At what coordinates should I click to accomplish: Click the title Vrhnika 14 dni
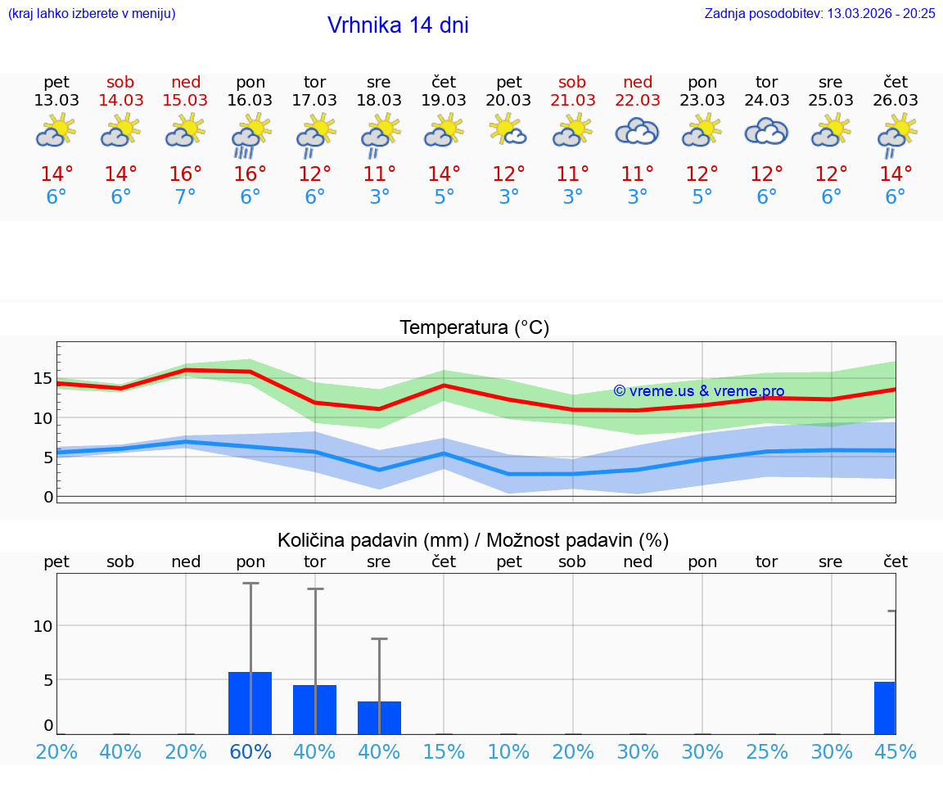coord(398,25)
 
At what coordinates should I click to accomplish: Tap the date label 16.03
coord(250,100)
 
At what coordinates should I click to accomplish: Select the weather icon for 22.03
coord(637,131)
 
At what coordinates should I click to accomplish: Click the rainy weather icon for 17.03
coord(314,134)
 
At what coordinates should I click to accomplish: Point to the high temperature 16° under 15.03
coord(186,174)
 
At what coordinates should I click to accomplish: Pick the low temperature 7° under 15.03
coord(186,197)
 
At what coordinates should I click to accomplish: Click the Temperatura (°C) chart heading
coord(474,328)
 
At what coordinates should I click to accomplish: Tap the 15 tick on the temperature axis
coord(43,378)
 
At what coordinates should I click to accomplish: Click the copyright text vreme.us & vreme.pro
coord(698,391)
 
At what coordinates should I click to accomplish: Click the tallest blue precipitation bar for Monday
coord(250,702)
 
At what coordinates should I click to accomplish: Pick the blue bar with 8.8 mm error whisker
coord(379,717)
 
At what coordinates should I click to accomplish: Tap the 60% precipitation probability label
coord(250,751)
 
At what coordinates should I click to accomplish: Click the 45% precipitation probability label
coord(896,751)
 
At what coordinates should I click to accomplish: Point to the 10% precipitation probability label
coord(508,751)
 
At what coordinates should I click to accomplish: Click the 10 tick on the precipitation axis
coord(43,626)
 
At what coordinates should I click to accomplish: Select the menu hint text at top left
coord(91,13)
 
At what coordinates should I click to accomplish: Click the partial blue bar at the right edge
coord(884,707)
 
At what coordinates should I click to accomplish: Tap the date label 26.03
coord(896,100)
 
